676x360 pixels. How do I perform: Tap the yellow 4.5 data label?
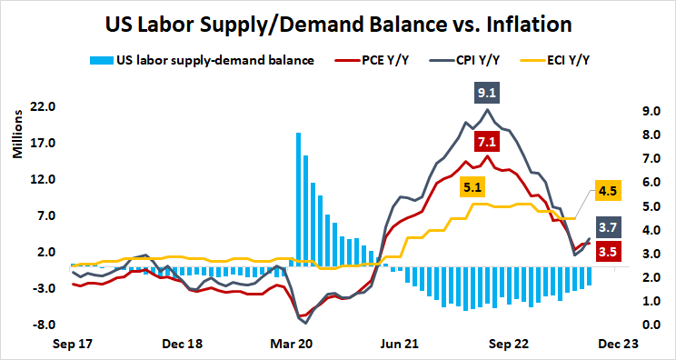pyautogui.click(x=607, y=191)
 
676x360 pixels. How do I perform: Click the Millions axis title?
pyautogui.click(x=16, y=135)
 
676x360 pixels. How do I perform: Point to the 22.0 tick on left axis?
pyautogui.click(x=44, y=107)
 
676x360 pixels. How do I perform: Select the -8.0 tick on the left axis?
pyautogui.click(x=44, y=325)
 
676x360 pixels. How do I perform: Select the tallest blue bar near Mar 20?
pyautogui.click(x=298, y=199)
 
